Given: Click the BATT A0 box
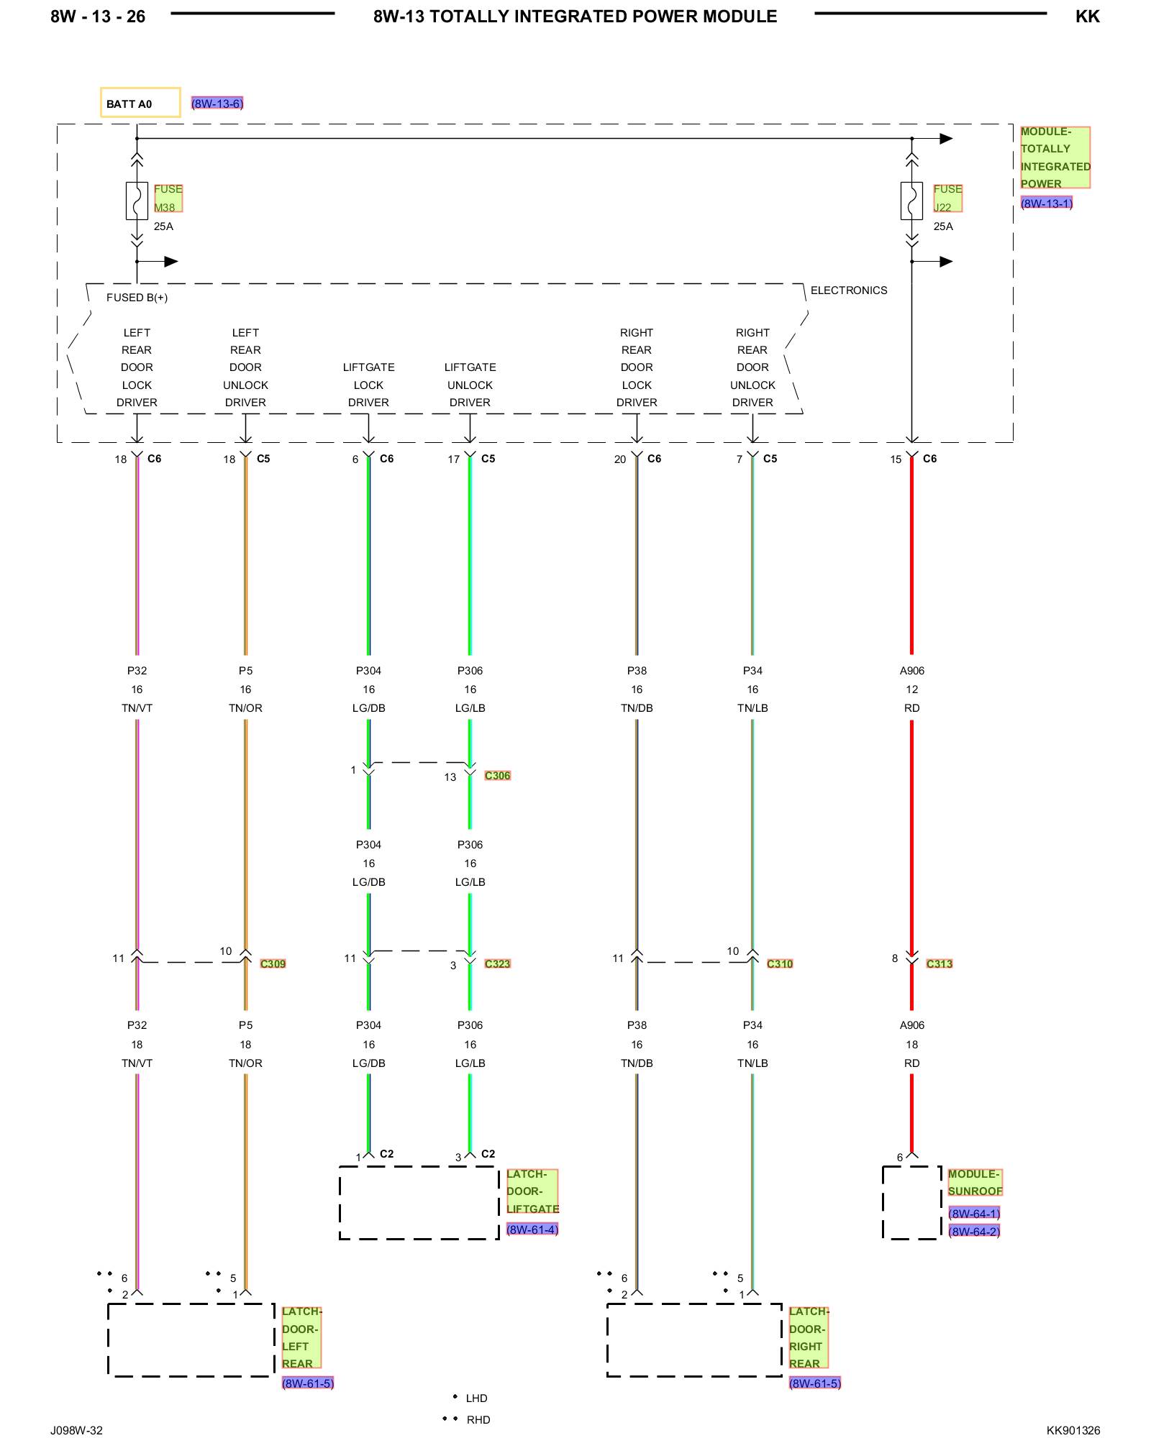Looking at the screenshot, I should click(x=140, y=103).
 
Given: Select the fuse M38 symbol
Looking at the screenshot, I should click(x=137, y=201).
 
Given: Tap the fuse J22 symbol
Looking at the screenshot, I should click(x=911, y=201).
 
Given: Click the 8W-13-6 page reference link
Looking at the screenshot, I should click(x=217, y=104).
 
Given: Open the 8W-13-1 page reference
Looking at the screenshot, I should click(x=1047, y=203).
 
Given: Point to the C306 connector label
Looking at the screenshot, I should click(x=497, y=776).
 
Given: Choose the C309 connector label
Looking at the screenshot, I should click(x=273, y=964).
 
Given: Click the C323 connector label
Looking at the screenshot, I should click(x=497, y=964).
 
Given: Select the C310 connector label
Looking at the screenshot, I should click(x=780, y=964).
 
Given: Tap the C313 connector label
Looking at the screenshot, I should click(x=940, y=964).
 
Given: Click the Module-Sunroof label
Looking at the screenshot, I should click(x=975, y=1183).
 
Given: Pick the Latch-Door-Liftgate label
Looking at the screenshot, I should click(x=532, y=1191).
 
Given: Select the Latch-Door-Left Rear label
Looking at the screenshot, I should click(x=301, y=1337).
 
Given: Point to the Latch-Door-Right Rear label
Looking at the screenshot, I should click(x=809, y=1337).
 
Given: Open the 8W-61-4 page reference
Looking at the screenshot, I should click(x=532, y=1229).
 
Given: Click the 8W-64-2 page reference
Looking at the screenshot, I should click(x=974, y=1232).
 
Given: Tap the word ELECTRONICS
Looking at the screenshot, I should click(x=849, y=290).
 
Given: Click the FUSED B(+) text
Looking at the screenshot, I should click(x=137, y=298).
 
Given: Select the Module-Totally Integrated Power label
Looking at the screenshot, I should click(x=1055, y=157).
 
